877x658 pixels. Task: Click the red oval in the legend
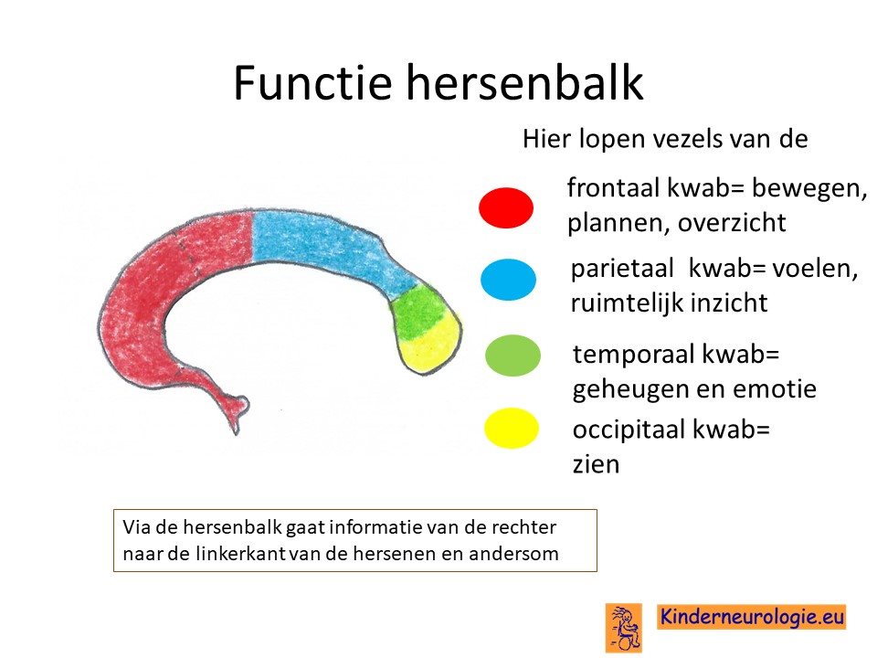pyautogui.click(x=506, y=207)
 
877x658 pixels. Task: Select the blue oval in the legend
pyautogui.click(x=509, y=280)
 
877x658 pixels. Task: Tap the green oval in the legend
pyautogui.click(x=512, y=356)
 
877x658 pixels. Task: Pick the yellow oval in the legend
pyautogui.click(x=512, y=428)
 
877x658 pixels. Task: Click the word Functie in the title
pyautogui.click(x=312, y=82)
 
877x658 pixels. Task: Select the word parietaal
pyautogui.click(x=622, y=269)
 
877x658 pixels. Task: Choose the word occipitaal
pyautogui.click(x=629, y=430)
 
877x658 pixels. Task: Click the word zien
pyautogui.click(x=597, y=464)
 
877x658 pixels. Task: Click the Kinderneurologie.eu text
pyautogui.click(x=751, y=617)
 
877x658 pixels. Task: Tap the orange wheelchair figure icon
pyautogui.click(x=624, y=627)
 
